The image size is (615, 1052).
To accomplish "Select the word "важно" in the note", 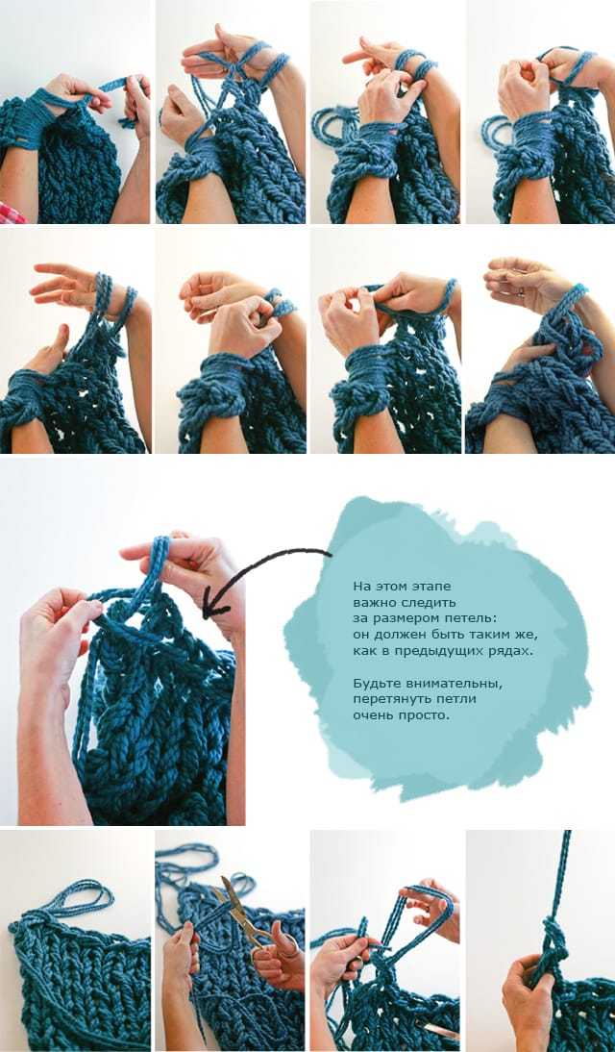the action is pyautogui.click(x=371, y=600).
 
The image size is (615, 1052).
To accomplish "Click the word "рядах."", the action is pyautogui.click(x=509, y=650).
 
